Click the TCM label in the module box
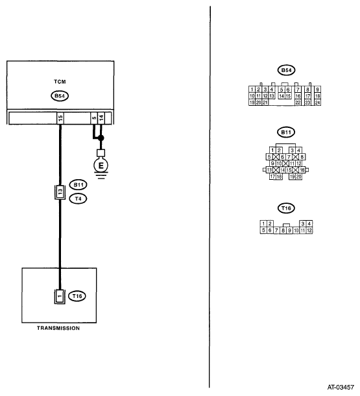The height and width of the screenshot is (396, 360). (x=60, y=82)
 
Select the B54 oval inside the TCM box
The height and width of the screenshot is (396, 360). (x=60, y=96)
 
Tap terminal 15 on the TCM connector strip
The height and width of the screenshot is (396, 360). (x=60, y=118)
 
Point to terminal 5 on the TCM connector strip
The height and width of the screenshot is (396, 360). (x=94, y=118)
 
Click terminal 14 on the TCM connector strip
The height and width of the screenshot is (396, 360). (x=101, y=118)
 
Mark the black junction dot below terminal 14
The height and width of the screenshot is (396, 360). (x=101, y=138)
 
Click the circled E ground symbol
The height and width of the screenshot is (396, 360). (x=101, y=166)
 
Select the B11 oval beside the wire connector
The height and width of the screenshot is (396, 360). (x=78, y=185)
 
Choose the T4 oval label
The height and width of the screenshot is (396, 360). (x=78, y=199)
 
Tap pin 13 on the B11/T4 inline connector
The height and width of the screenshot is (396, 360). (x=60, y=192)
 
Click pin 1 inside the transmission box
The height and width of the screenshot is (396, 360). (x=60, y=296)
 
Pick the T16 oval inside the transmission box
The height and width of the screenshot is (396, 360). (x=77, y=296)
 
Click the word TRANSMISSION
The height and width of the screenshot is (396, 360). (x=58, y=328)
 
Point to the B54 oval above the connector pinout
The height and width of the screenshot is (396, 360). (x=286, y=70)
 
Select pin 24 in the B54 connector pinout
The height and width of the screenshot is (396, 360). (x=318, y=103)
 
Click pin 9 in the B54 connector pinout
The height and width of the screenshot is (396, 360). (x=318, y=90)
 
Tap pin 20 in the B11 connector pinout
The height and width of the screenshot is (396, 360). (x=298, y=177)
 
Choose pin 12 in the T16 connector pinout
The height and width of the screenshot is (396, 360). (x=309, y=230)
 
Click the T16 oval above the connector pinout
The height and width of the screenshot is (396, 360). (x=286, y=208)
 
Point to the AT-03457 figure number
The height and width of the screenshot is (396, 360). (x=341, y=387)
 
